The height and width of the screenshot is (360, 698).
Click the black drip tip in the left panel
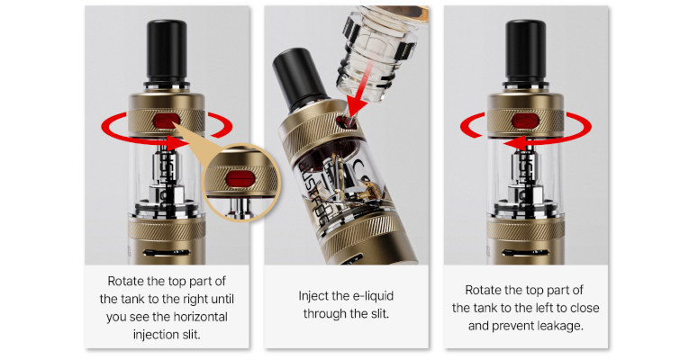click(166, 51)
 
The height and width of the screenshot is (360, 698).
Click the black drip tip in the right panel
click(526, 51)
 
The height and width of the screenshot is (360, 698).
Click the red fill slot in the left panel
click(166, 120)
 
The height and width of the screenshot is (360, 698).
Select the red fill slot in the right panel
click(526, 121)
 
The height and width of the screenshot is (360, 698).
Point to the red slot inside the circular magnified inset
click(240, 180)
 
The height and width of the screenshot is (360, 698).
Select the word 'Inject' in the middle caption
click(313, 296)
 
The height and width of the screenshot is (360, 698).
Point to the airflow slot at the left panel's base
click(166, 253)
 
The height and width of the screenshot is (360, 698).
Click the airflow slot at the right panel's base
click(525, 253)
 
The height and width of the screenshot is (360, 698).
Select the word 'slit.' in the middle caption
click(379, 314)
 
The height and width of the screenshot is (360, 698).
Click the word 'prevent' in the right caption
click(512, 326)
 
